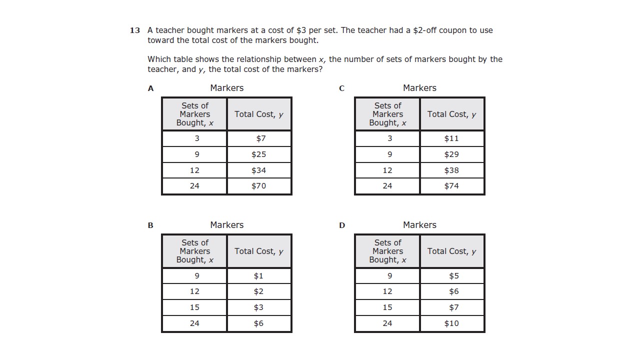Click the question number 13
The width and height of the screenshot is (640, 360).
(x=135, y=30)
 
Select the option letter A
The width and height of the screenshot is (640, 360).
(x=150, y=88)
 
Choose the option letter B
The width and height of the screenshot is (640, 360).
(x=150, y=225)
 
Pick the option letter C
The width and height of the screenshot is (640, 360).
(x=341, y=88)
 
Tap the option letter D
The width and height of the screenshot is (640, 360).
(x=342, y=225)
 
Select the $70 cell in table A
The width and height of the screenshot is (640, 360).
(x=258, y=186)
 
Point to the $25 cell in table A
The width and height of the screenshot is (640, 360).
(x=258, y=154)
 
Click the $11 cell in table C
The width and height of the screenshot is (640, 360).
(x=451, y=138)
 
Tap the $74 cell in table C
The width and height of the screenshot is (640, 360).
(x=451, y=186)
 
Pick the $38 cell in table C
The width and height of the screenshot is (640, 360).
(x=451, y=170)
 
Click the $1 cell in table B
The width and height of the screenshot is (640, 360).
(x=258, y=276)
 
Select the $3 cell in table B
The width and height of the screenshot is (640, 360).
(x=258, y=307)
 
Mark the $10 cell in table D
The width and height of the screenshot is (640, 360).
(x=451, y=323)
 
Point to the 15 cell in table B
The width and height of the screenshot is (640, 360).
(x=194, y=307)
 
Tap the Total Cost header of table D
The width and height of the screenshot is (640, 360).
(x=451, y=251)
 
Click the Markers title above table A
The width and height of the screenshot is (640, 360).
(x=226, y=88)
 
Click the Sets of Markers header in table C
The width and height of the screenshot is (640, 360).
(x=387, y=114)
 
